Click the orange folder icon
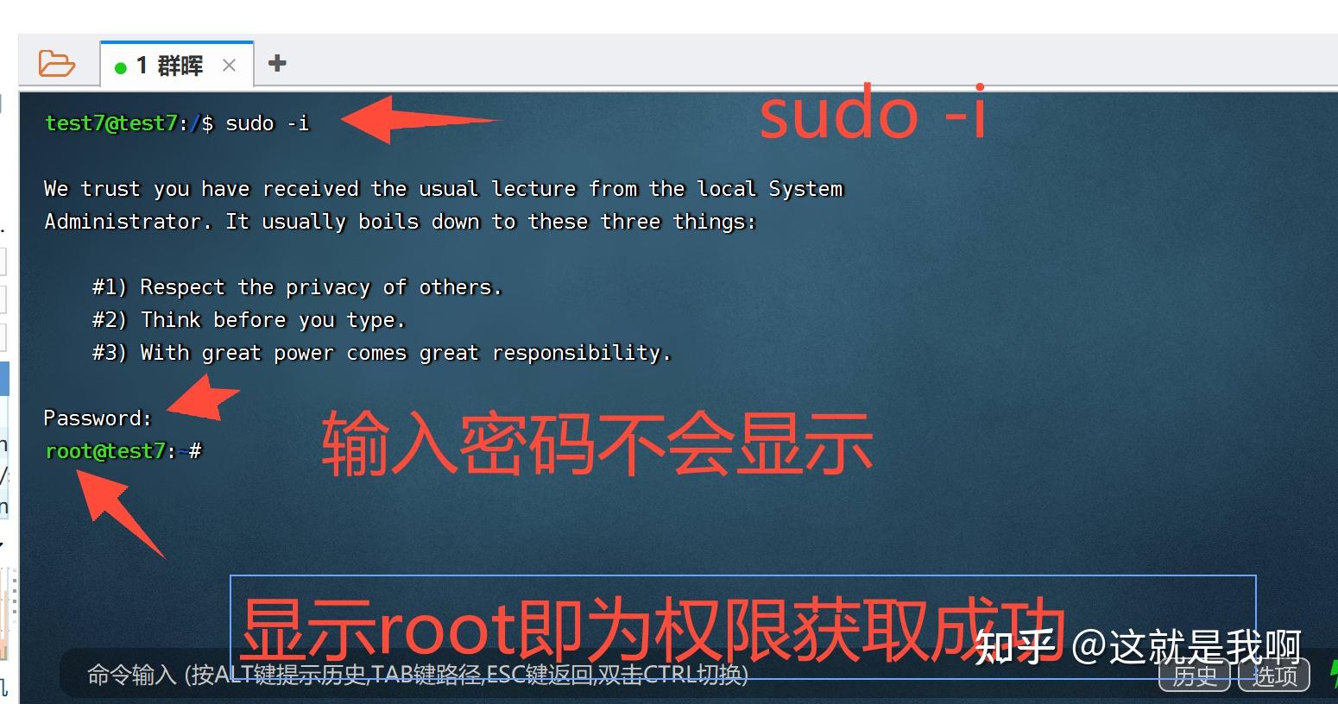click(57, 64)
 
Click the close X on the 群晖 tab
click(229, 66)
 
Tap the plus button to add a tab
click(277, 63)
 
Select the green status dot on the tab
click(121, 67)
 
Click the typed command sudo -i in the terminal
click(267, 123)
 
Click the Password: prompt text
click(98, 418)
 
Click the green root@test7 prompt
click(105, 451)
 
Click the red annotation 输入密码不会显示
click(596, 445)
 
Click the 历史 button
click(1194, 676)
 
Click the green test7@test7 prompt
click(110, 123)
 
